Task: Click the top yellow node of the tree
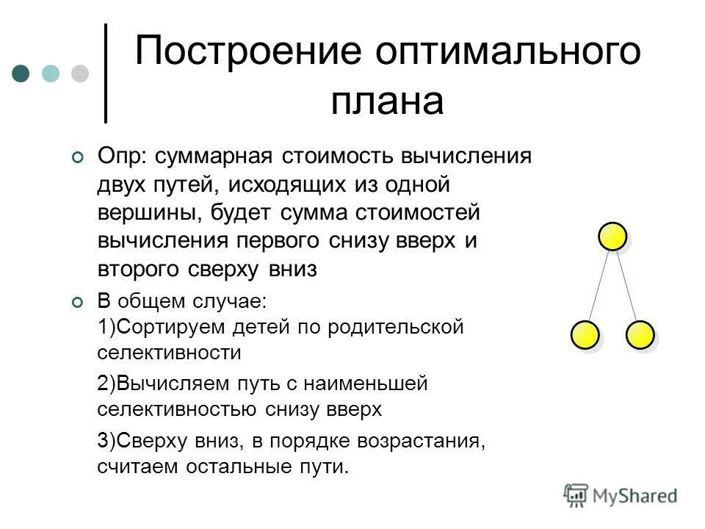[x=612, y=237]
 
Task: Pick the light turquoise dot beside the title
[x=50, y=73]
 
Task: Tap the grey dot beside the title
[x=79, y=73]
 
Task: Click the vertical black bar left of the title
[x=106, y=73]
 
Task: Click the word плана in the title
[x=387, y=102]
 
